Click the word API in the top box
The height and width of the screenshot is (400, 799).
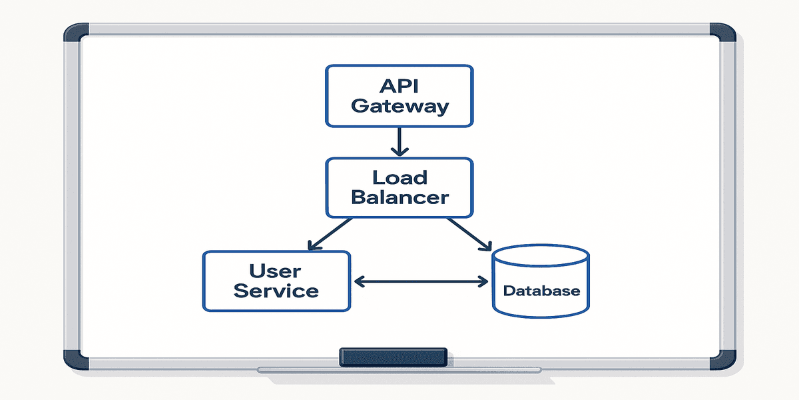pyautogui.click(x=400, y=86)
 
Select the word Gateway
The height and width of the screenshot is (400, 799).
pyautogui.click(x=400, y=106)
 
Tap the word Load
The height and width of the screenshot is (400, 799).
pyautogui.click(x=400, y=178)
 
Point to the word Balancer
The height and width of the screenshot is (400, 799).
pyautogui.click(x=400, y=197)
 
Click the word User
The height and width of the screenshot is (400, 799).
pyautogui.click(x=276, y=271)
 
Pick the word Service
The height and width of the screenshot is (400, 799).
pyautogui.click(x=276, y=291)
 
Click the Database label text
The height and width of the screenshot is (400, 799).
pyautogui.click(x=541, y=291)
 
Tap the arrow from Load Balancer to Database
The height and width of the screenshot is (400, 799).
pyautogui.click(x=469, y=233)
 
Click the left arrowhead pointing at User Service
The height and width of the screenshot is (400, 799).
pyautogui.click(x=360, y=282)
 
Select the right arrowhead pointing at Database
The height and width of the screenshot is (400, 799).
pyautogui.click(x=483, y=282)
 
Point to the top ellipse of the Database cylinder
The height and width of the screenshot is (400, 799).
pyautogui.click(x=541, y=257)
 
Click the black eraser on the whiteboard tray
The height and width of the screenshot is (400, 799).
pyautogui.click(x=393, y=357)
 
